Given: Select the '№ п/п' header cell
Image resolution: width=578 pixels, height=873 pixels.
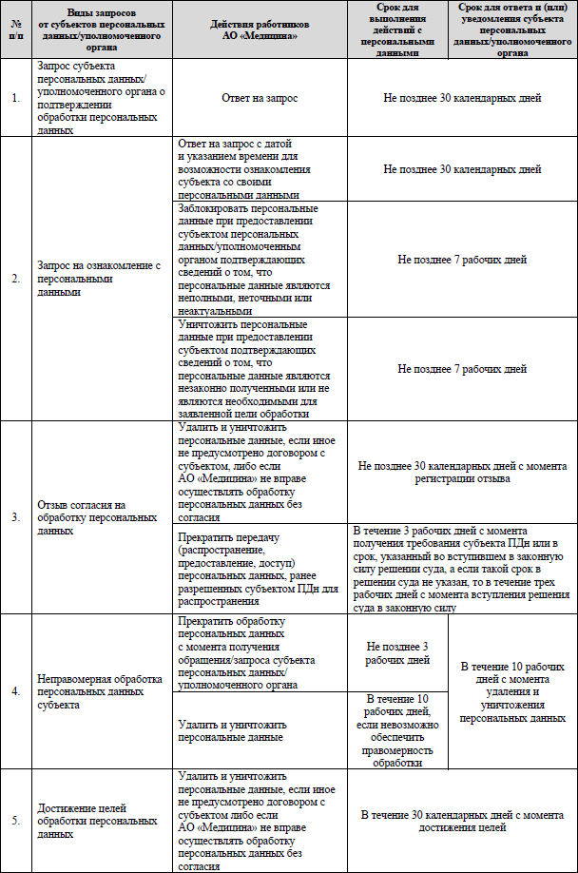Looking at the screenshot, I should (15, 29).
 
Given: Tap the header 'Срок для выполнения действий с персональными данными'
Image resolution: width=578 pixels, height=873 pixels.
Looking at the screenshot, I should (397, 29).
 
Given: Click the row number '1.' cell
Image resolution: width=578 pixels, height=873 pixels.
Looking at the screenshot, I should (15, 98).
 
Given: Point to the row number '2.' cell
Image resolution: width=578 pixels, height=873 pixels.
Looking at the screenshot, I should (15, 279).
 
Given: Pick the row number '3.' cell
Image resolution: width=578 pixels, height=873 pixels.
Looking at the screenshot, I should (15, 518).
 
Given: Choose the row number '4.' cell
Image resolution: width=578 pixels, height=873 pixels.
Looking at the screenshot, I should (15, 691).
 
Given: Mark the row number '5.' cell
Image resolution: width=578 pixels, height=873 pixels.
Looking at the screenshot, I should (15, 821).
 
